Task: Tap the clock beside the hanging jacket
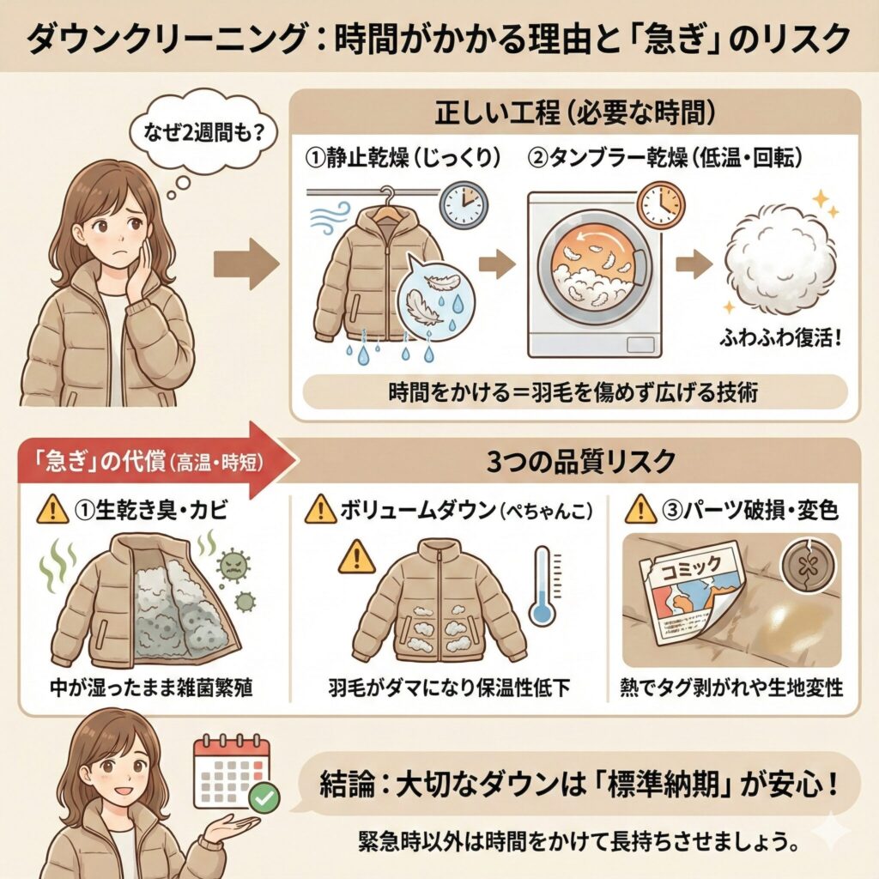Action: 463,203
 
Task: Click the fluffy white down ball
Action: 779,257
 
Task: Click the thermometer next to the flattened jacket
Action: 543,585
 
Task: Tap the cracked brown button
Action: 804,568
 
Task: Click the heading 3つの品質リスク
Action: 581,462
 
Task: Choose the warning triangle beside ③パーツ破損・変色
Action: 640,510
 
